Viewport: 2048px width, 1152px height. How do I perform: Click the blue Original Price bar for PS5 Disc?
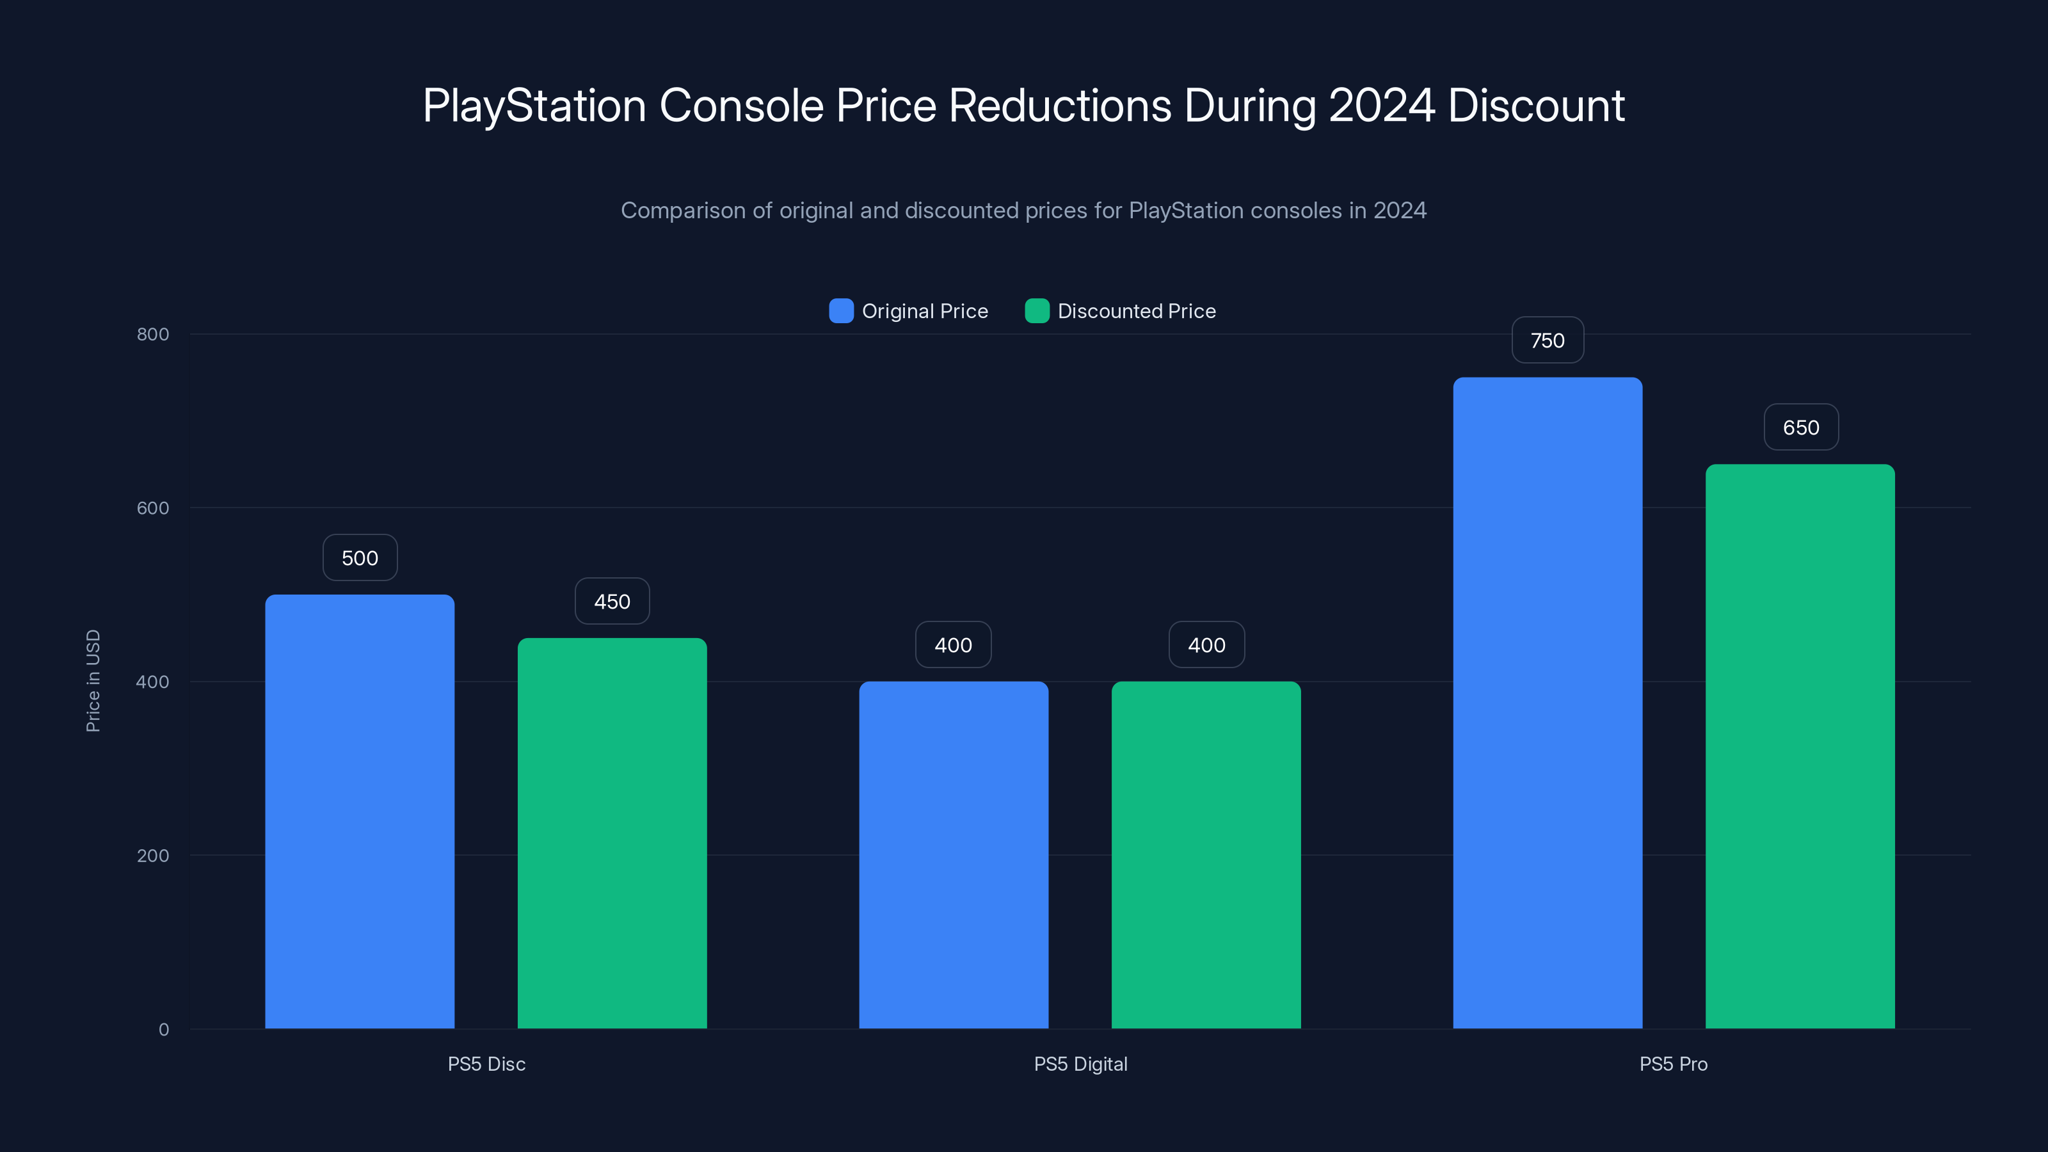(359, 811)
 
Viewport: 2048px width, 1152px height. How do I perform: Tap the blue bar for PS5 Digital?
(953, 854)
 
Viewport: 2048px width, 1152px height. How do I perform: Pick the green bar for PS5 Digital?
(1206, 854)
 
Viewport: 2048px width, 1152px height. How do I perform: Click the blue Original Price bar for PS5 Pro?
(1547, 703)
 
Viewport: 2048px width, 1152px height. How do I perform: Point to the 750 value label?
(1547, 340)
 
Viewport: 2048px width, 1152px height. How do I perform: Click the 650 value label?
(1801, 428)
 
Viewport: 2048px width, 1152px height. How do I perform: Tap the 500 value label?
(359, 558)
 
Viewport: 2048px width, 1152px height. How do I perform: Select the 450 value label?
(612, 602)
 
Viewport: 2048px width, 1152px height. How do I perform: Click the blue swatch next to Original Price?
(841, 311)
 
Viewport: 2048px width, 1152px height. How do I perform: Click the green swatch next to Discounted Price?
(1037, 311)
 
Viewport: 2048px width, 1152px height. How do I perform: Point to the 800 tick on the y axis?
(153, 334)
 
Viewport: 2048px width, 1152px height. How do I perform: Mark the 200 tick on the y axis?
(153, 856)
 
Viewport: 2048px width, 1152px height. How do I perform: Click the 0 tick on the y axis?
(163, 1030)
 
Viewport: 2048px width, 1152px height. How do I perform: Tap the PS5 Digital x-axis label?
(1080, 1064)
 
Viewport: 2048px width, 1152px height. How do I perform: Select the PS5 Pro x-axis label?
(1673, 1064)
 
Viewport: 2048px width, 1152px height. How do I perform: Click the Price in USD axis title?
(93, 680)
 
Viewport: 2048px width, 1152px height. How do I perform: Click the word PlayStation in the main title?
(534, 106)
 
